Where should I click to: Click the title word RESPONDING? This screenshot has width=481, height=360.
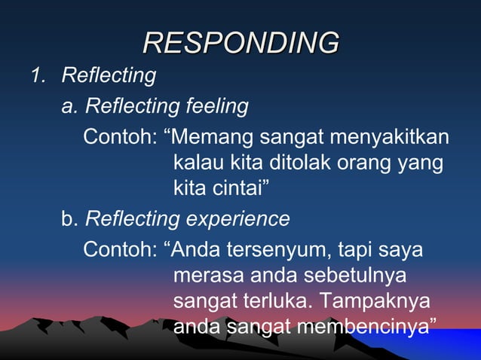(240, 42)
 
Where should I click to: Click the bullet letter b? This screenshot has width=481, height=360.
(69, 219)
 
